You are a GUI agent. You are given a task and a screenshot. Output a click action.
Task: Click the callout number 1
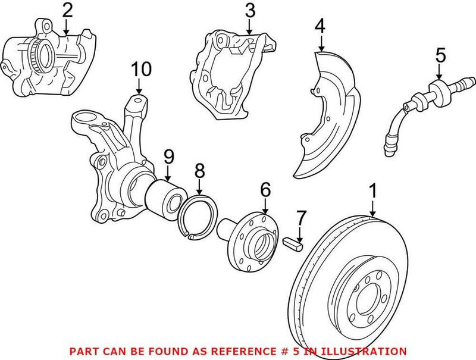tap(373, 192)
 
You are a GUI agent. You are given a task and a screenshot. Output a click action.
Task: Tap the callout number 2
tap(67, 10)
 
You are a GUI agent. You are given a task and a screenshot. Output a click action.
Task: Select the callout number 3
tap(250, 10)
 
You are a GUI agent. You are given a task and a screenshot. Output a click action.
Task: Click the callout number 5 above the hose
tap(440, 55)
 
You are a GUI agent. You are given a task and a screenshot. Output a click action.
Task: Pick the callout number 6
tap(265, 190)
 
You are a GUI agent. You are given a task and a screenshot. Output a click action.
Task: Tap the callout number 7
tap(302, 218)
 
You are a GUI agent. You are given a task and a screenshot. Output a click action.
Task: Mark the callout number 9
tap(168, 157)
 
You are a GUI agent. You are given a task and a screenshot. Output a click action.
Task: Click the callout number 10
tap(142, 70)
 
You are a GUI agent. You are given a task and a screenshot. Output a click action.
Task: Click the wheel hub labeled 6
tap(253, 238)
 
